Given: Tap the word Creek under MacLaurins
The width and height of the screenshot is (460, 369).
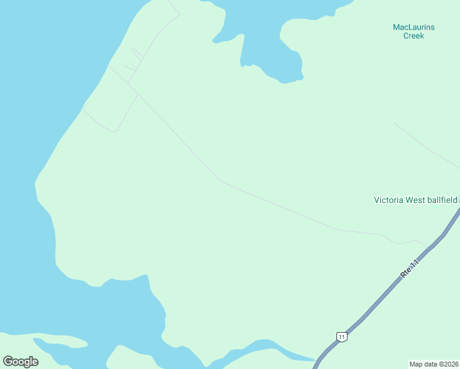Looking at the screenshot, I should point(413,36).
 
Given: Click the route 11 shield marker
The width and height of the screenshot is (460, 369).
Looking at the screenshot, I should point(341,336).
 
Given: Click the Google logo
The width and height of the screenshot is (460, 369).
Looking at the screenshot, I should point(20,361).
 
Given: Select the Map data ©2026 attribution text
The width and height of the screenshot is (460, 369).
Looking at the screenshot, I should point(434,363).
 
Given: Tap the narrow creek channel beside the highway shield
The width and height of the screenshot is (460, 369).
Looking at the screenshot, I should point(289,352).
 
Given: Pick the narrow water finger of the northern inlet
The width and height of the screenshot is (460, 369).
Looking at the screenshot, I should point(244,52).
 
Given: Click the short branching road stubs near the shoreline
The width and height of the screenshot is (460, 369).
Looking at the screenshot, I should point(131,66).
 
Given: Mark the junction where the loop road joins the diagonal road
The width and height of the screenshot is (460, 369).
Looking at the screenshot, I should point(137,94).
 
